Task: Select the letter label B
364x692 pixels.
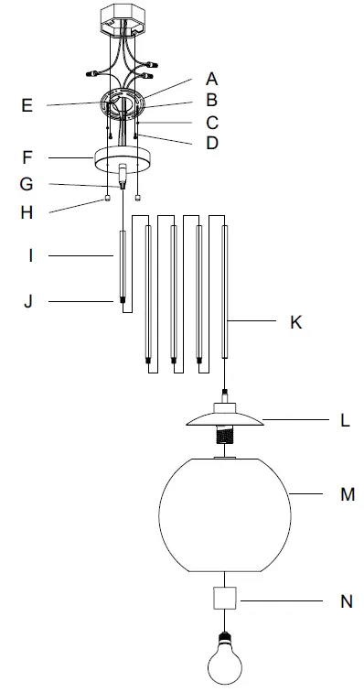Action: pos(212,101)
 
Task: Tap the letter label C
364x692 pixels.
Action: pos(212,122)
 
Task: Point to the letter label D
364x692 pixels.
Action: pos(212,144)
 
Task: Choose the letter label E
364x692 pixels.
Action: pos(27,105)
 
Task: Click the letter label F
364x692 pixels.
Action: pos(27,157)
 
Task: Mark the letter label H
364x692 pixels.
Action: pos(27,212)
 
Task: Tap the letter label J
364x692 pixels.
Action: pos(27,300)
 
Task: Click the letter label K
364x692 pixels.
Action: pos(294,322)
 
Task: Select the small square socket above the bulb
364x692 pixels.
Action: pos(225,600)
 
